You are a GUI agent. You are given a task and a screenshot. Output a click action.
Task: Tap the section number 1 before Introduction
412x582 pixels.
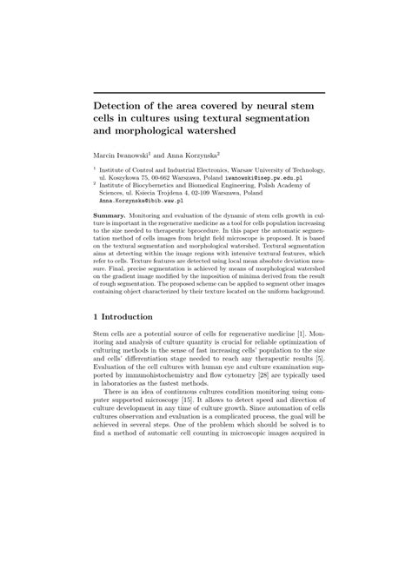pos(96,316)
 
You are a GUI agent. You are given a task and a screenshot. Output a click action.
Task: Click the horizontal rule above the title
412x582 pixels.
pos(209,91)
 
